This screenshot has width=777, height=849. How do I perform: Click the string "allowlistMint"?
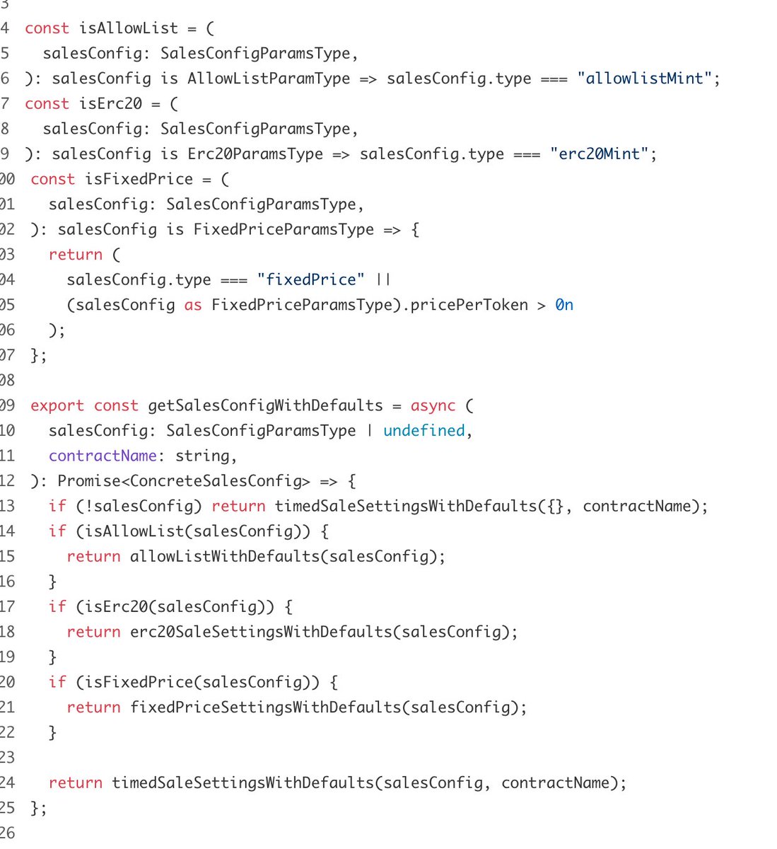644,79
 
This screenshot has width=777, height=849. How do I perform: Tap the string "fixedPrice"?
310,279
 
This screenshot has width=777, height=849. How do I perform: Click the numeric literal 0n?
563,305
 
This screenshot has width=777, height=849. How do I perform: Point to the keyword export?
57,406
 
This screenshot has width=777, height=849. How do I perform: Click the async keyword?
433,406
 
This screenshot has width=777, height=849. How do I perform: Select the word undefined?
423,431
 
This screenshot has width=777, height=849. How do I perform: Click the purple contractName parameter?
103,456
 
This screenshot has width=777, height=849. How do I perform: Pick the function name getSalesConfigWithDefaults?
265,406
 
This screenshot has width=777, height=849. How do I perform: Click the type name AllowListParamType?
269,79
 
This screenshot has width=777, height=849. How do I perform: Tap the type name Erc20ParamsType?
255,154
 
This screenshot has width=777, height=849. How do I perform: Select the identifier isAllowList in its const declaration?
129,28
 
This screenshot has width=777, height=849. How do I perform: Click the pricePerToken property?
469,305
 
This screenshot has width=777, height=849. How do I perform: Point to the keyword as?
193,306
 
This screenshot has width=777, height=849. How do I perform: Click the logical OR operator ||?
382,279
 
